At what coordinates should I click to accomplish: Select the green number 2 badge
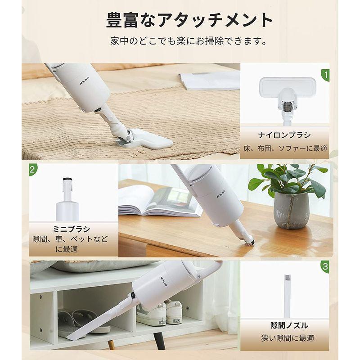(x=33, y=170)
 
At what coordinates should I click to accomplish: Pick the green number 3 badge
(x=325, y=265)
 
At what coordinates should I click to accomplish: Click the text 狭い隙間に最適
(x=287, y=337)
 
